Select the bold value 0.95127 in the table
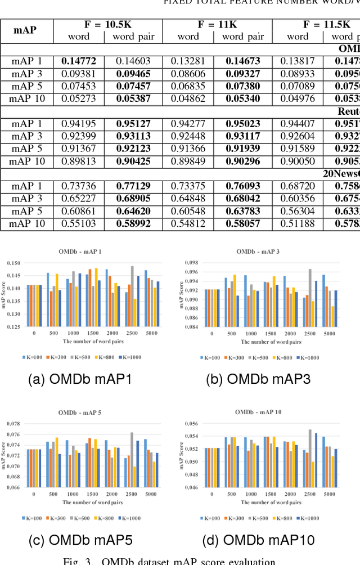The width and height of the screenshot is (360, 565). tap(133, 124)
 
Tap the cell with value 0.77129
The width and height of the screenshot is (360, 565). tap(133, 187)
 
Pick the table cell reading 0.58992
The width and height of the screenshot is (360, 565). tap(133, 224)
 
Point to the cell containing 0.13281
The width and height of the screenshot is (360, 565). tap(188, 61)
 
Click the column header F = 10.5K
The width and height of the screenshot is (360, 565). tap(108, 24)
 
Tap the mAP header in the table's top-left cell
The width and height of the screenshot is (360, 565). tap(27, 30)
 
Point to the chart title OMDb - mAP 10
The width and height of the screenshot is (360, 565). tap(259, 412)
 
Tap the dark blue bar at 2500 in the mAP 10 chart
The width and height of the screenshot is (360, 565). tap(316, 460)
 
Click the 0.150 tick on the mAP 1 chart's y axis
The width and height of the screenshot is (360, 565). tap(12, 263)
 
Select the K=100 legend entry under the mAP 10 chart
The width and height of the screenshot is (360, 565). tap(209, 518)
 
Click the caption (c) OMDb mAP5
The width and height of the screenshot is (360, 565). tap(80, 541)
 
